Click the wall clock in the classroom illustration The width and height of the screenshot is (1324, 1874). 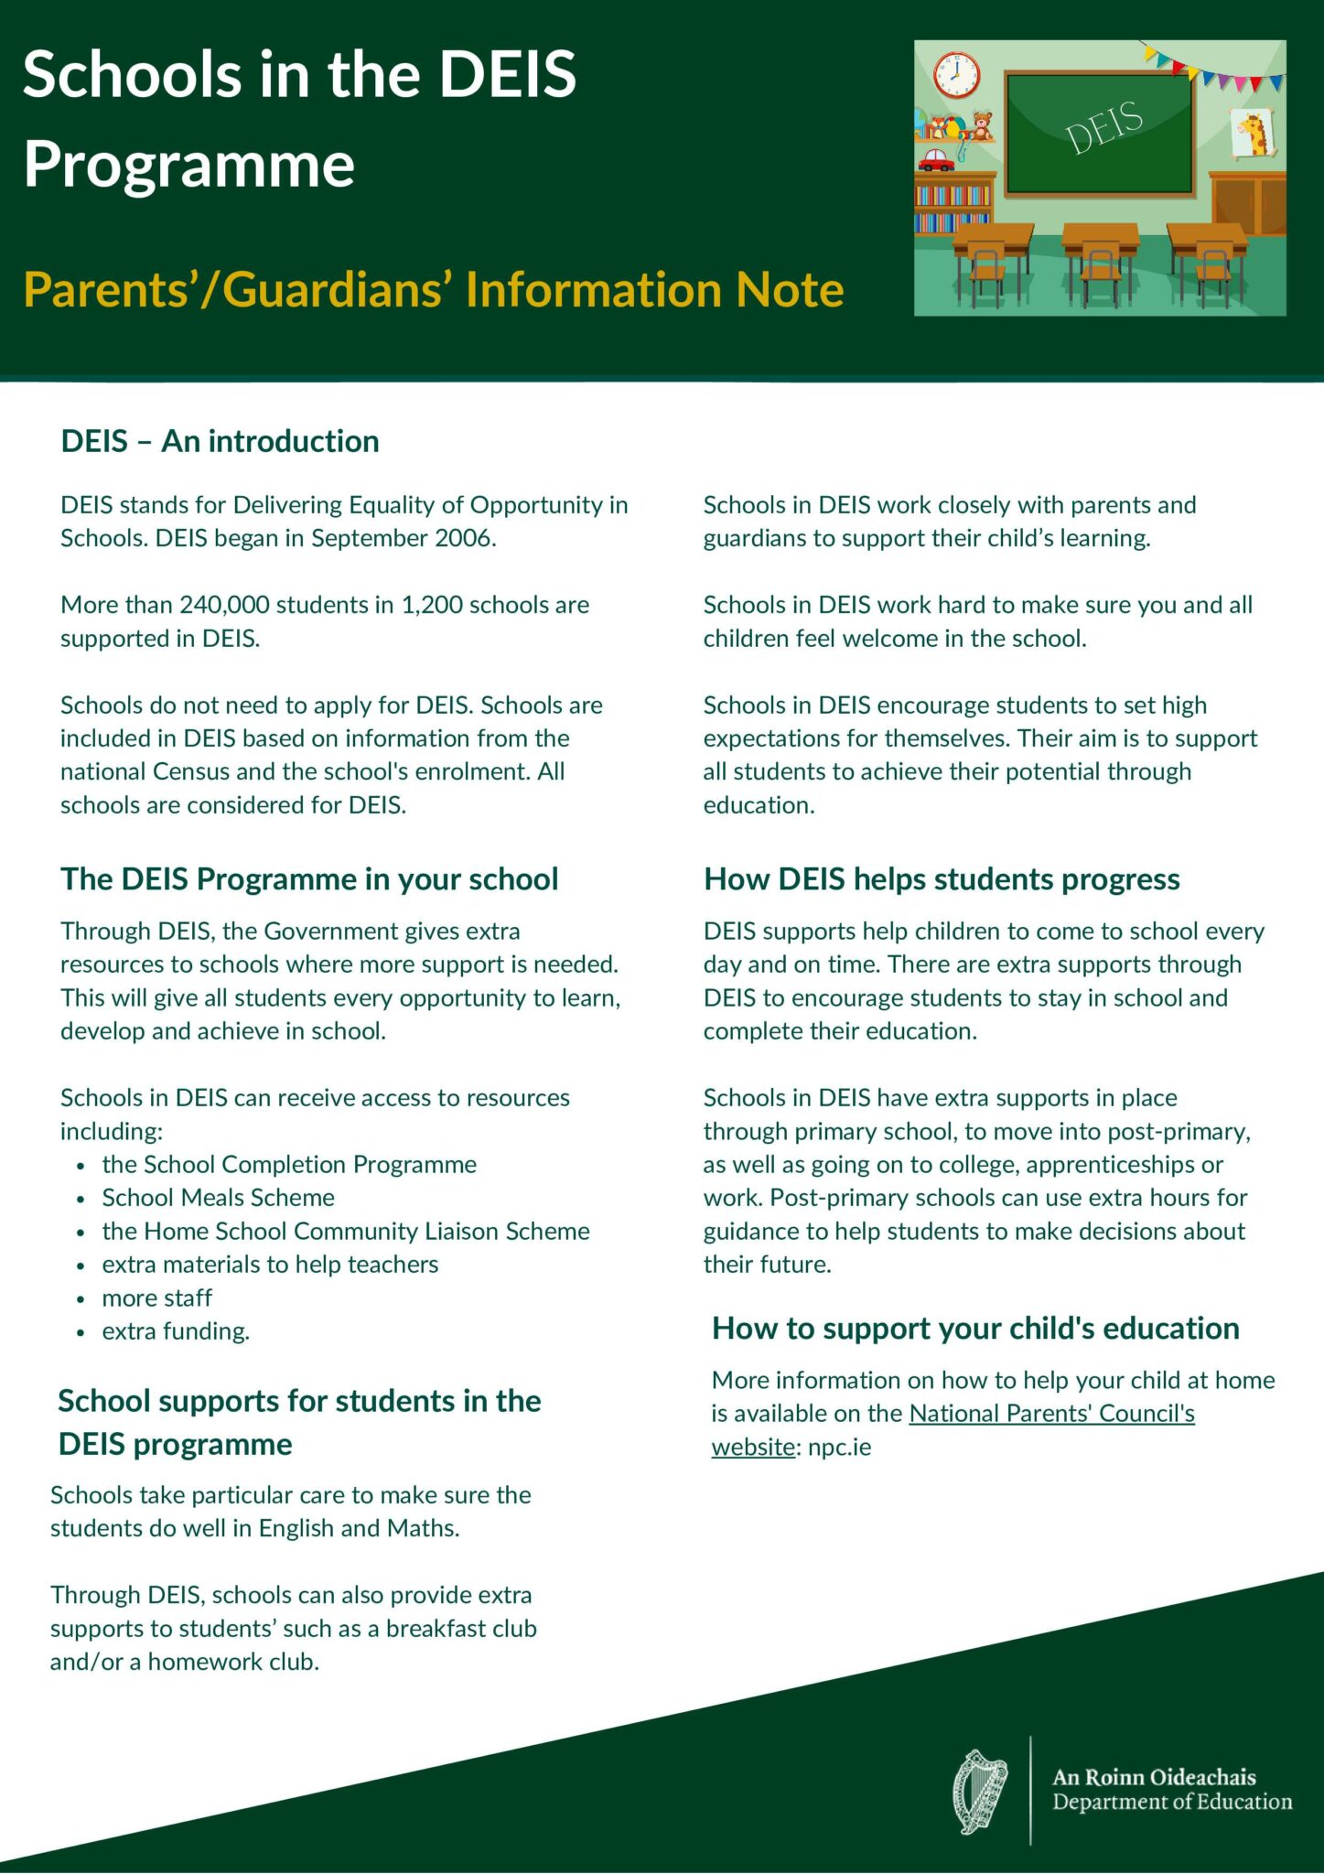point(956,75)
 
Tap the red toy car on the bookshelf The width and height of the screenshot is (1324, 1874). point(936,160)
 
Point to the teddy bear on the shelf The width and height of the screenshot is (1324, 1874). point(982,125)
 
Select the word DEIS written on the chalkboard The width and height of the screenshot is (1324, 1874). point(1104,127)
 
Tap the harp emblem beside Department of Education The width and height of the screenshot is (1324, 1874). point(979,1792)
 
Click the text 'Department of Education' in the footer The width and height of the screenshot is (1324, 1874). point(1172,1803)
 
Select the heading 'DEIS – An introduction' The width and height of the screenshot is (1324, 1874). point(220,441)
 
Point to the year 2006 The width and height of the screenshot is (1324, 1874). point(465,538)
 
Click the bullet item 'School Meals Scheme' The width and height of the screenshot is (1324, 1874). point(218,1198)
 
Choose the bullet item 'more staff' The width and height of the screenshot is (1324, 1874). point(156,1298)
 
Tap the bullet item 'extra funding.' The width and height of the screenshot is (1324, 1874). point(176,1331)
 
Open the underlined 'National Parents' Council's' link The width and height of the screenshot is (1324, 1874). point(1051,1414)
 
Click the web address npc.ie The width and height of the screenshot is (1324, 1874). point(839,1448)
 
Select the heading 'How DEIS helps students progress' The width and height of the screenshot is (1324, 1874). point(942,879)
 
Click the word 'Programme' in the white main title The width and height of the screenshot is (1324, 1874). point(188,165)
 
